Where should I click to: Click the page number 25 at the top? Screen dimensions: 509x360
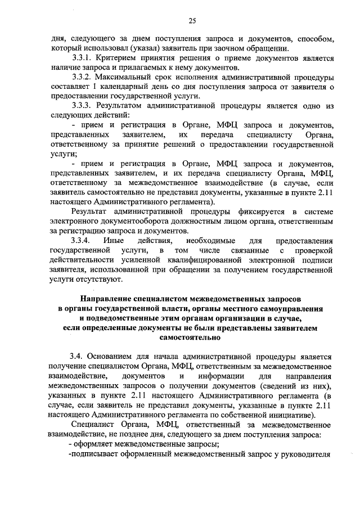tap(191, 21)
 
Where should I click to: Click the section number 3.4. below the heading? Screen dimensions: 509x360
tap(77, 357)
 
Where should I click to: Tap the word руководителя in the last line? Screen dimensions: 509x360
tap(302, 454)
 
